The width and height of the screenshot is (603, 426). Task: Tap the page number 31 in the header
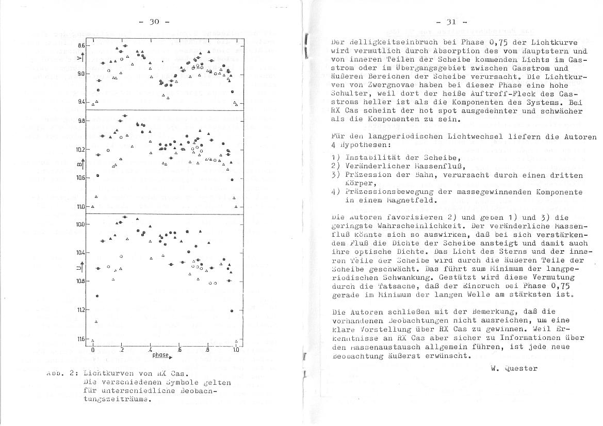452,22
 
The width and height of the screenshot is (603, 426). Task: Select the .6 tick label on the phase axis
179,350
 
